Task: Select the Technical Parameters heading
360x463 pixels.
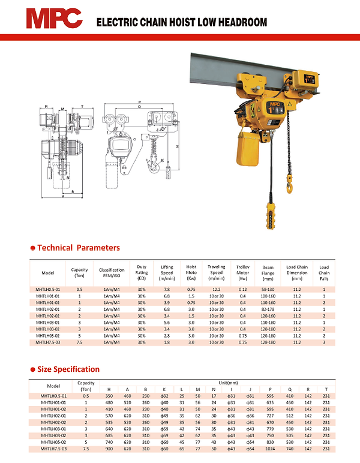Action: [x=79, y=248]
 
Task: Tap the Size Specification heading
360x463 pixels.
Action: [x=68, y=369]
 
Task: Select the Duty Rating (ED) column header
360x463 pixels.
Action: [x=142, y=273]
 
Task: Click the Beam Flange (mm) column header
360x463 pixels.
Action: [x=268, y=273]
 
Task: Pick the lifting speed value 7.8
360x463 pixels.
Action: [x=167, y=290]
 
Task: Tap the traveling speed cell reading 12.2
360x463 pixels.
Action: [x=217, y=290]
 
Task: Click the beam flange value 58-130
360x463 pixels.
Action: [x=268, y=290]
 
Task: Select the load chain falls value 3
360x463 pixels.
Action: [x=324, y=342]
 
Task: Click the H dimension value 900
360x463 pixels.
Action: [x=109, y=449]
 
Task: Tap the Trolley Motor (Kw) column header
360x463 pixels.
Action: [x=242, y=273]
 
